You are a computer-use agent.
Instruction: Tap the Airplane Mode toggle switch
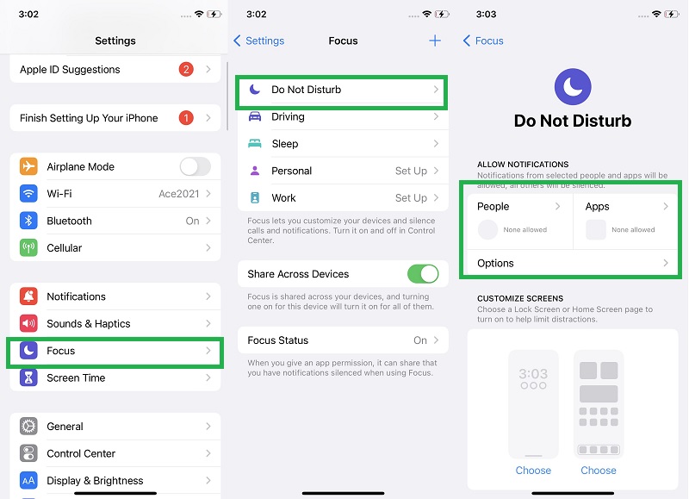click(195, 167)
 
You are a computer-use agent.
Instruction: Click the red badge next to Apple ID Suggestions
click(186, 70)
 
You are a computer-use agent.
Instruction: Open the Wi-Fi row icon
click(29, 194)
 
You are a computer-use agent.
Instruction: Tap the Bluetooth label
click(69, 221)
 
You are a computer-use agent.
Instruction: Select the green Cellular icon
click(29, 248)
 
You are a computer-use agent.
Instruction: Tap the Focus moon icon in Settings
click(29, 351)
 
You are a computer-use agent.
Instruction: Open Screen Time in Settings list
click(76, 378)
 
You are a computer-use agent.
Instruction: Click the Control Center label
click(81, 453)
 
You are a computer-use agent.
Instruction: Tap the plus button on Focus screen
click(435, 41)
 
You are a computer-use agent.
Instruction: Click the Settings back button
click(259, 41)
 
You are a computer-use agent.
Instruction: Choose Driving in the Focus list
click(288, 116)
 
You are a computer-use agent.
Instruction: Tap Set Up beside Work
click(411, 198)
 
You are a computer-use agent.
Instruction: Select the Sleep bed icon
click(255, 144)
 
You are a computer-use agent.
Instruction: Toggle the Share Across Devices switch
click(423, 274)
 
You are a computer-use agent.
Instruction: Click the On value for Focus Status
click(420, 340)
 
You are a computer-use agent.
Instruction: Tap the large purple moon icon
click(573, 85)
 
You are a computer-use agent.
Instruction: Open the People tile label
click(493, 207)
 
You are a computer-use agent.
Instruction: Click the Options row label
click(495, 264)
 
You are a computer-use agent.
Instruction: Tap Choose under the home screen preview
click(598, 471)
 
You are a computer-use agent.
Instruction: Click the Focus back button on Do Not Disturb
click(484, 41)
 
